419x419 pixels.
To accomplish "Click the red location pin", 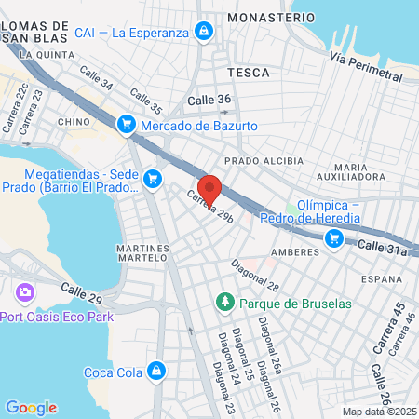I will (x=209, y=188).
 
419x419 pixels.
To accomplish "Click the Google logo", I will (x=31, y=408).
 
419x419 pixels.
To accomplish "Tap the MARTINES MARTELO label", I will (x=142, y=253).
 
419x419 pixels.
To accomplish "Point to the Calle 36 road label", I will (x=209, y=101).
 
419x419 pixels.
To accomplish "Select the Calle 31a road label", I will (x=383, y=248).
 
